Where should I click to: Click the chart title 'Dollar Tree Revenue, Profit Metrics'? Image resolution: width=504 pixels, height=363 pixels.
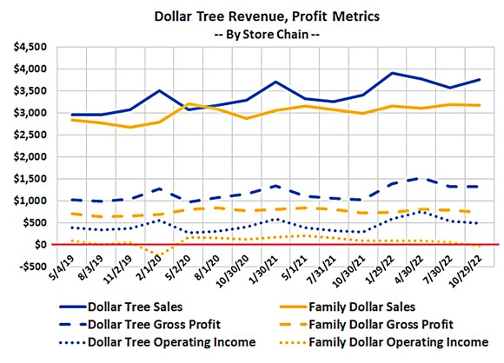click(251, 16)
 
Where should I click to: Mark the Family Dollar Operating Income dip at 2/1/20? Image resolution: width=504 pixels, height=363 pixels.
click(159, 256)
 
